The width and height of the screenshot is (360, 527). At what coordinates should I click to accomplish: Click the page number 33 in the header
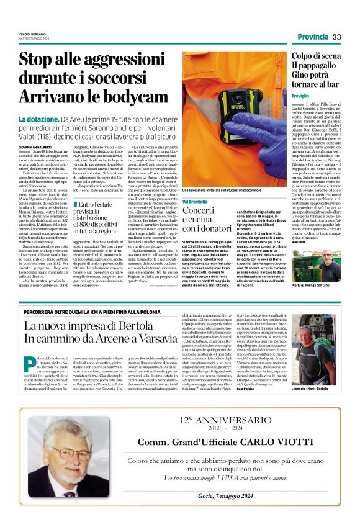point(337,37)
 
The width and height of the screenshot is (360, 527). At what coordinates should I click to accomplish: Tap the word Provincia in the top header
point(313,37)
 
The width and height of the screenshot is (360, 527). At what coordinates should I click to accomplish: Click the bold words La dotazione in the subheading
point(55,119)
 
